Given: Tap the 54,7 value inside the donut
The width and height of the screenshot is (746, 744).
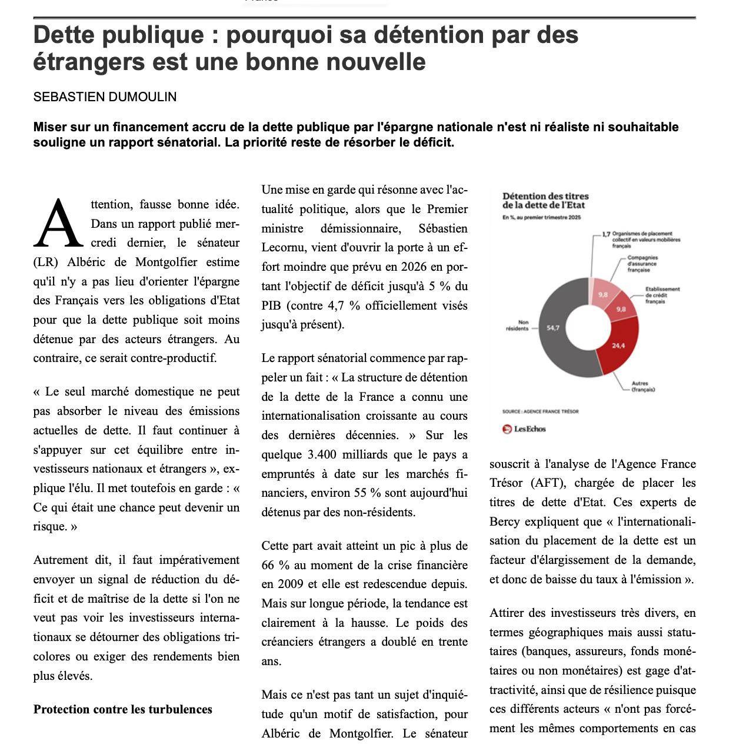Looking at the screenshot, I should (x=553, y=328).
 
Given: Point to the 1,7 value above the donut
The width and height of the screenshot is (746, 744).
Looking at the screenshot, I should (x=607, y=234).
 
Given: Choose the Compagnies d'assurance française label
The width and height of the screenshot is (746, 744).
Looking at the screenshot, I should (x=642, y=263).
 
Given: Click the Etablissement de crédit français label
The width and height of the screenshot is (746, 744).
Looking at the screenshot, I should (x=662, y=295).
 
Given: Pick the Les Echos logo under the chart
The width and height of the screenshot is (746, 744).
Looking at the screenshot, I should (x=524, y=429).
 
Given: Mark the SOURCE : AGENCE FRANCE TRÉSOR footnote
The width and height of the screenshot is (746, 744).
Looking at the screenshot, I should (x=540, y=411).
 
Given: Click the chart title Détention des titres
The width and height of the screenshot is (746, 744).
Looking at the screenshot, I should (x=545, y=196).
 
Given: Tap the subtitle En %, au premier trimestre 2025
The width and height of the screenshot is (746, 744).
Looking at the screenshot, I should (x=541, y=217).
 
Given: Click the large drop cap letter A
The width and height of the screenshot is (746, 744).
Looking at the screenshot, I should (x=58, y=224).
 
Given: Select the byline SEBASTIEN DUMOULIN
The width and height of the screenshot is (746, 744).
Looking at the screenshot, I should (x=105, y=97).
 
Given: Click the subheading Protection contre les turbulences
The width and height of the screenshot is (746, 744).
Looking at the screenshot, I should (x=122, y=709).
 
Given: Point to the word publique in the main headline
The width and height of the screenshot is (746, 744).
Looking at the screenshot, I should (x=154, y=35).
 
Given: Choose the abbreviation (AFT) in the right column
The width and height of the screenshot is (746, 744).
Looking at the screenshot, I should (x=544, y=483).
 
